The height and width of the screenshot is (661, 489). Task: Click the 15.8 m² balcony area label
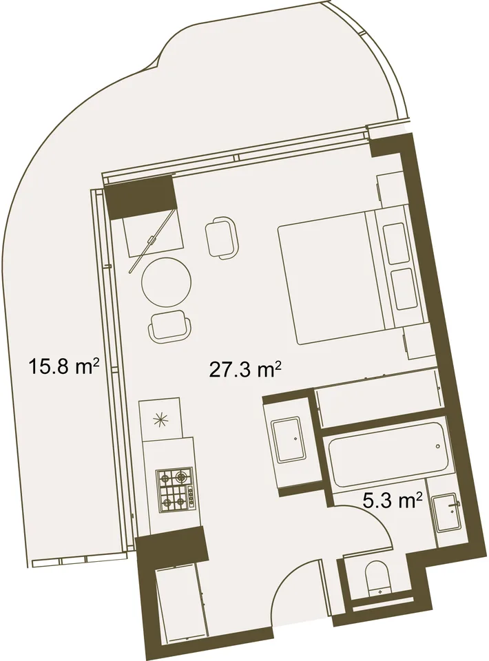click(63, 366)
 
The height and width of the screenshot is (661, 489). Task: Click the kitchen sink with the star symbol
click(161, 418)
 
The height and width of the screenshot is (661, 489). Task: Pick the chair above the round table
click(220, 236)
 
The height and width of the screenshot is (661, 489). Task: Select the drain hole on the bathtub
click(438, 446)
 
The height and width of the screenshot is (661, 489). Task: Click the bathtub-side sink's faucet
click(455, 503)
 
